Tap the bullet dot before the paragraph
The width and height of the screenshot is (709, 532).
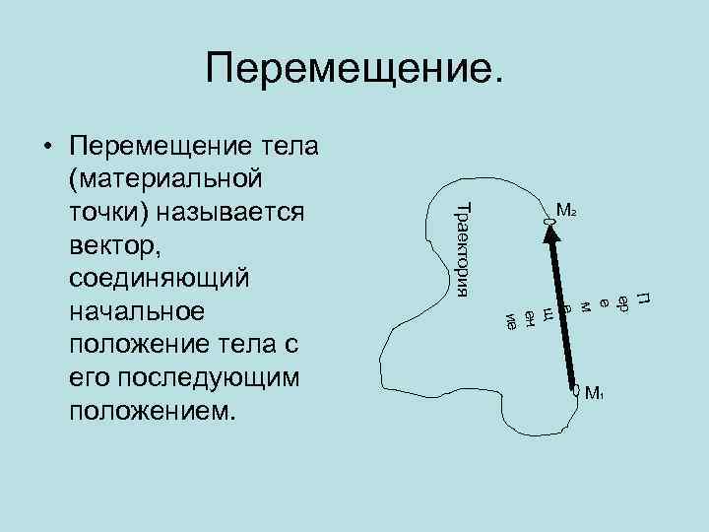pos(46,148)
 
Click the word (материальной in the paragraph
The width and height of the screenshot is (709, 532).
pos(164,179)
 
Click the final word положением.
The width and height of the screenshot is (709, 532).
pos(154,411)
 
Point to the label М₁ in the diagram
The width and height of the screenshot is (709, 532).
pos(594,395)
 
